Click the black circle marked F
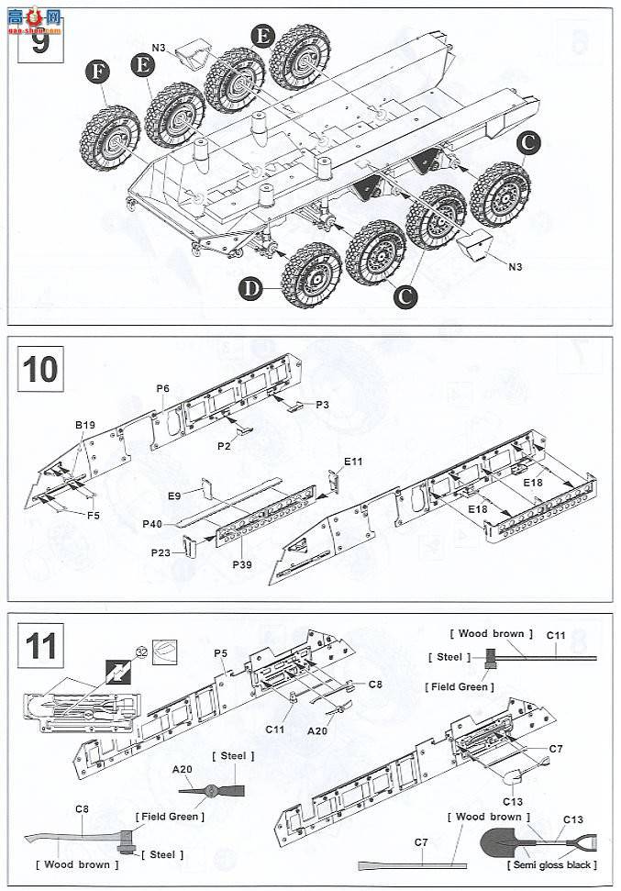click(x=97, y=72)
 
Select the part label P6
click(x=162, y=389)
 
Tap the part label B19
click(x=84, y=425)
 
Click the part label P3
click(x=322, y=405)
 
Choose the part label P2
click(x=225, y=444)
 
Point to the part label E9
click(x=174, y=496)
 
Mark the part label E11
click(x=353, y=462)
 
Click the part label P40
click(x=153, y=525)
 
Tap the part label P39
click(x=241, y=562)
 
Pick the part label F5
click(x=94, y=516)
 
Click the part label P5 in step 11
click(x=220, y=652)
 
